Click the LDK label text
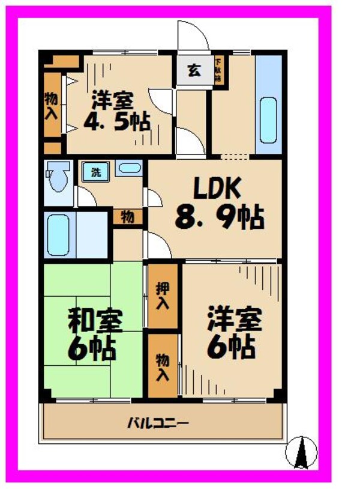click(217, 189)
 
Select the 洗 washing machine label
click(95, 171)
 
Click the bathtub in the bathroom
click(59, 234)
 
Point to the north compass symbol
click(303, 452)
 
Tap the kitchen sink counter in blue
click(268, 105)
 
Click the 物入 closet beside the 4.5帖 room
click(52, 106)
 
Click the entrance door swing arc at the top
click(193, 36)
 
